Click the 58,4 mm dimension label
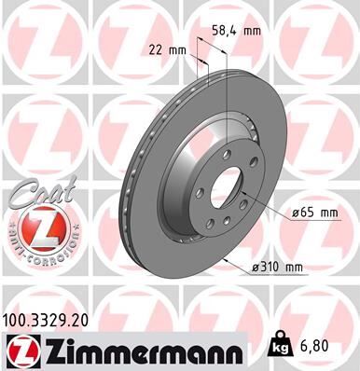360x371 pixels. [x=236, y=30]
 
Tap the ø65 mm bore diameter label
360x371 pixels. [x=313, y=213]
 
